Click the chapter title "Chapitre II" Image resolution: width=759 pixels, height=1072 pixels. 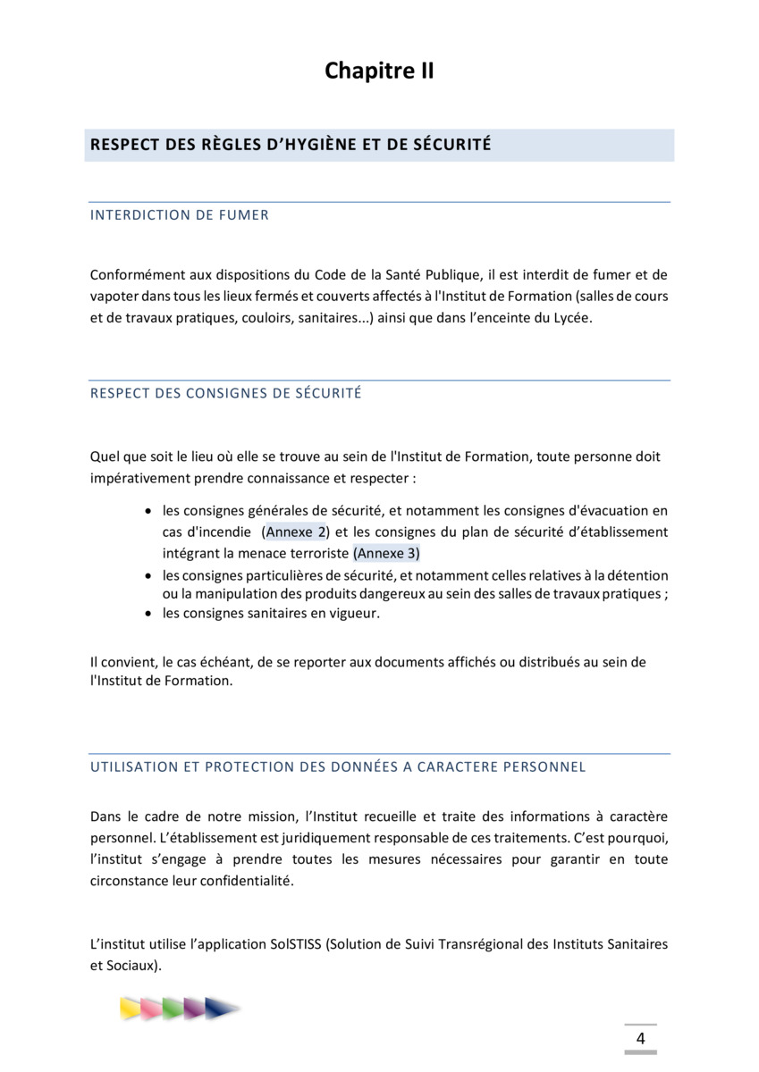pos(379,71)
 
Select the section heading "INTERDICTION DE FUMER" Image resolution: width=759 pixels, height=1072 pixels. pos(180,215)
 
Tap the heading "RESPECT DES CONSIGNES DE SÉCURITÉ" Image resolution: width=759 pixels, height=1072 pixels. pos(226,393)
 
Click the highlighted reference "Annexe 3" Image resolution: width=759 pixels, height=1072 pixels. pos(386,553)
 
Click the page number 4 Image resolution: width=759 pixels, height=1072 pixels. pos(640,1038)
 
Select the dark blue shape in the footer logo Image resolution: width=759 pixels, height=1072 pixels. pos(220,1009)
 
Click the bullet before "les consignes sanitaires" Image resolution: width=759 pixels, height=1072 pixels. pos(148,614)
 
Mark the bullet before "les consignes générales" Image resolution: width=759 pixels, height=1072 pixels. pos(148,512)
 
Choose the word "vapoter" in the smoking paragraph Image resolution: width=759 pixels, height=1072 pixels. pos(114,297)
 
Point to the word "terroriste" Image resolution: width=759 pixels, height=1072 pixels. pos(316,553)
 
